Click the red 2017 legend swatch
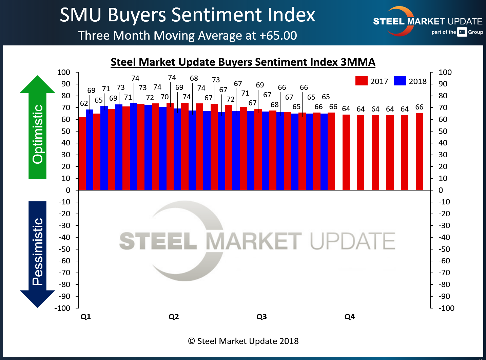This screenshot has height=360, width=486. tap(361, 81)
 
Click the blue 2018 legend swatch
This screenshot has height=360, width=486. tap(400, 81)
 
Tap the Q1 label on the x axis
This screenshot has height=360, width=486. tap(86, 317)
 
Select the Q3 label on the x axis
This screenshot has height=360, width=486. tap(261, 317)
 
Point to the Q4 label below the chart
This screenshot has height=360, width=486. tap(350, 317)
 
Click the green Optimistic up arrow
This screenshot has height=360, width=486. tap(37, 129)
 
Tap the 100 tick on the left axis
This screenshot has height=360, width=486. tap(64, 73)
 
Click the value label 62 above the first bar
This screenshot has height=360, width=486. tap(84, 103)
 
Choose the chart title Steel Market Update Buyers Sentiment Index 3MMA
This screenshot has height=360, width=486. tap(243, 62)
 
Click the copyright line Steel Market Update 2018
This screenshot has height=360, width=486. tap(243, 341)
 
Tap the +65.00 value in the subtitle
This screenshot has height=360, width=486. tap(278, 36)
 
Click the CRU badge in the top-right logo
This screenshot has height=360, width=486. tap(462, 32)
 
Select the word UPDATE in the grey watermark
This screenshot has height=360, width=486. tap(353, 241)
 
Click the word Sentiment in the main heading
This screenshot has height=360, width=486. tap(217, 15)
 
